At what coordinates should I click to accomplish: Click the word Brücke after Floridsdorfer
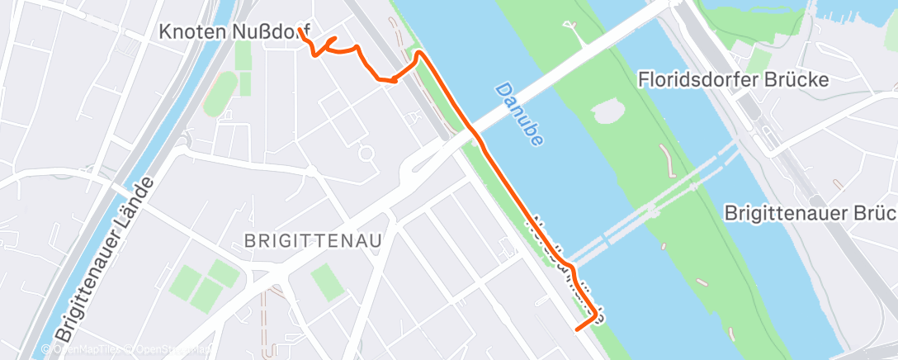[x=801, y=79]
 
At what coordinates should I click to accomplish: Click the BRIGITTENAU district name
[x=313, y=241]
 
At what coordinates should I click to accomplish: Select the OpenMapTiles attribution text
[x=87, y=349]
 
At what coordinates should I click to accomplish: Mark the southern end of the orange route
[x=575, y=329]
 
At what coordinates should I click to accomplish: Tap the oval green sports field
[x=219, y=92]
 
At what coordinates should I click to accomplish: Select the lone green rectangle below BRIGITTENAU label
[x=327, y=282]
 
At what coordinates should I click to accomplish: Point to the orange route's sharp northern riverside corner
[x=419, y=53]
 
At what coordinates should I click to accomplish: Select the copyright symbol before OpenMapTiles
[x=48, y=349]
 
